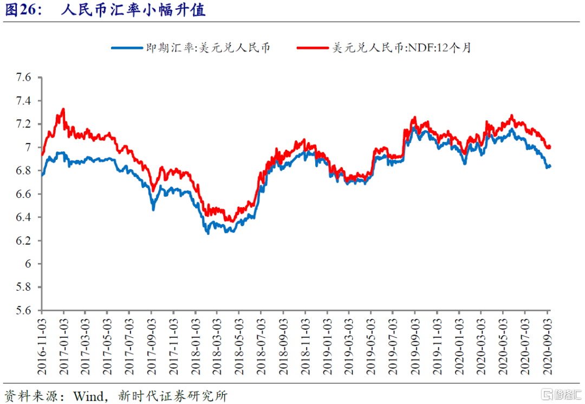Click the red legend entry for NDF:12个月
[385, 48]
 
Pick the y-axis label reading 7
[29, 148]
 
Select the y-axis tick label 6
[29, 264]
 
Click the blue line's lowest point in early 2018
[207, 233]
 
